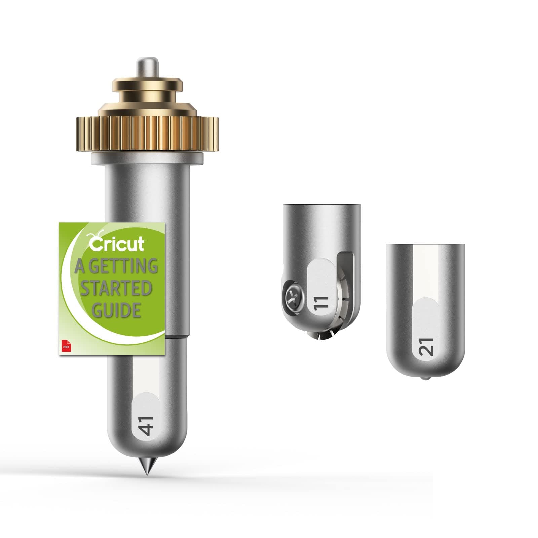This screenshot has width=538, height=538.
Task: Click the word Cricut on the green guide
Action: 117,243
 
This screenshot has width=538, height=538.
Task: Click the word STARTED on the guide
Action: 116,289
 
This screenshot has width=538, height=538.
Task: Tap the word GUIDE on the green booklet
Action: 116,310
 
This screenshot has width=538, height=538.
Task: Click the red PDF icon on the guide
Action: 64,346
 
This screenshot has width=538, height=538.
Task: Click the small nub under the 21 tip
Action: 426,378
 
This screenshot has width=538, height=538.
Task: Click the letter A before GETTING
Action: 79,266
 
